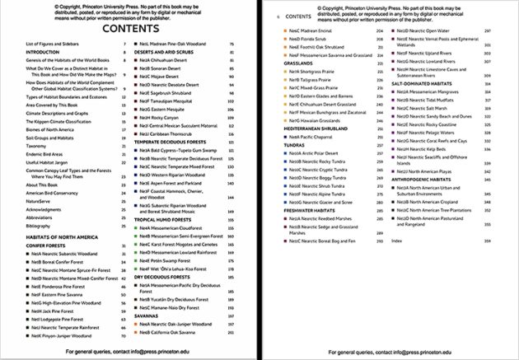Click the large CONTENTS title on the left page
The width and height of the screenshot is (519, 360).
124,29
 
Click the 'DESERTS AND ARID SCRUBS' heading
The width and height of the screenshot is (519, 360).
166,51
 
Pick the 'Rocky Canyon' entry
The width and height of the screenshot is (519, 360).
164,117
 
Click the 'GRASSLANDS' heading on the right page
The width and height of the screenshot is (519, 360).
300,62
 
